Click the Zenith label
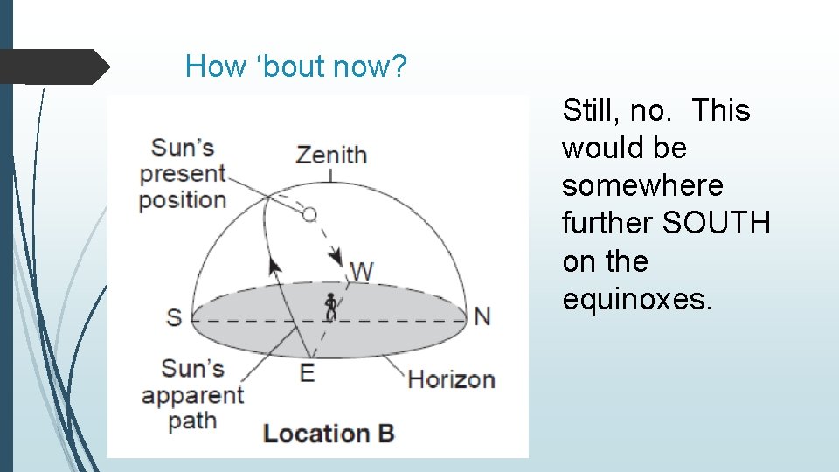click(331, 155)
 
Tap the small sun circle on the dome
click(309, 212)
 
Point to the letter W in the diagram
click(362, 271)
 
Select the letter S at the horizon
click(175, 316)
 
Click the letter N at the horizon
click(482, 316)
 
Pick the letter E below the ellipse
click(307, 372)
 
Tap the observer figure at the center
click(330, 307)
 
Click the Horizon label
click(451, 379)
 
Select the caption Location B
click(329, 433)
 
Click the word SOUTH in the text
click(717, 223)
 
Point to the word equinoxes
click(638, 299)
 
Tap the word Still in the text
click(591, 110)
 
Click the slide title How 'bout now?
click(296, 66)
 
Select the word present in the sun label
click(183, 173)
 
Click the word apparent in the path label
click(192, 395)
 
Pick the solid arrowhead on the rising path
click(275, 265)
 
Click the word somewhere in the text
click(642, 185)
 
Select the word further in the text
click(608, 223)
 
